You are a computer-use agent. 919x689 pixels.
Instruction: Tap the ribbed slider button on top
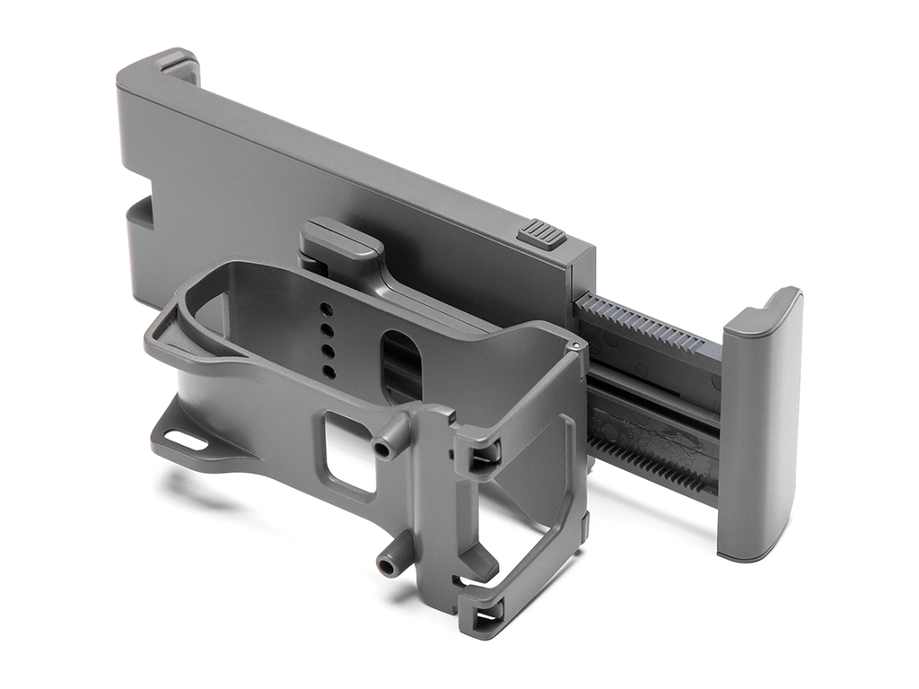[541, 235]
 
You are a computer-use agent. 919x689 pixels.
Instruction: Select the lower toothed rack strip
[655, 463]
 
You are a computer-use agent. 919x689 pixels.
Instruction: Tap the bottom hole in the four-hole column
[329, 371]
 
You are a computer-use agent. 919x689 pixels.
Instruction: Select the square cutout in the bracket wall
[349, 453]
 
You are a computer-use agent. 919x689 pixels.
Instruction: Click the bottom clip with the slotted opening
[481, 614]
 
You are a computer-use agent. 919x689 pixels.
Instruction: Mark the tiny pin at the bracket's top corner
[572, 344]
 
